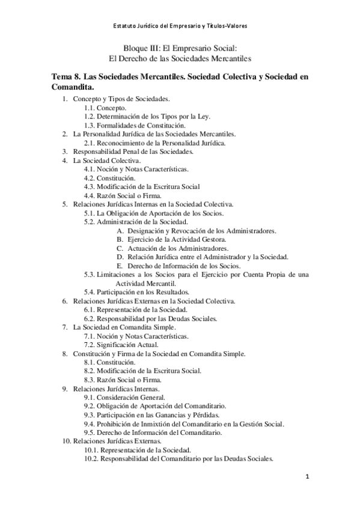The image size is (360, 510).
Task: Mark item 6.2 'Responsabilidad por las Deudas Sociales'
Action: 150,318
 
